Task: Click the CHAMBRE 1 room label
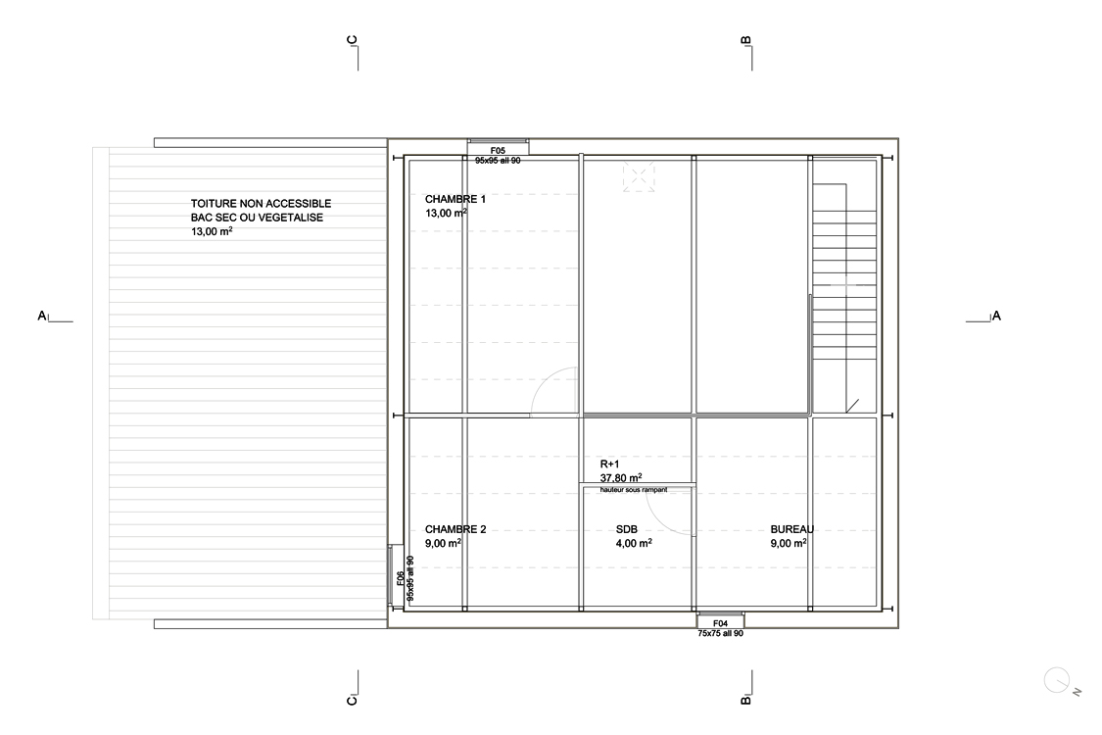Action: click(x=455, y=199)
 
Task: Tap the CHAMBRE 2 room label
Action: click(x=455, y=529)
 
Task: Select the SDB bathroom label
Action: click(x=626, y=529)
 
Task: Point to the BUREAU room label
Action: click(x=792, y=529)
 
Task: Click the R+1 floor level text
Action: click(x=610, y=465)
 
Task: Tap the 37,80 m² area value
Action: click(x=621, y=477)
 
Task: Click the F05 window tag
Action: click(x=498, y=151)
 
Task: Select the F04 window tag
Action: click(x=720, y=623)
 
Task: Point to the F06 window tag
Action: click(x=401, y=578)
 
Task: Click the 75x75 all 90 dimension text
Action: click(x=720, y=633)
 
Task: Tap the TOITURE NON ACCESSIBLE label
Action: click(x=261, y=203)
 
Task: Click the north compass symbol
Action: click(x=1058, y=681)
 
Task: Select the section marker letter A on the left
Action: click(x=41, y=316)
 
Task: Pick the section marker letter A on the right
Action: click(x=996, y=316)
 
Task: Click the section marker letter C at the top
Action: click(x=352, y=40)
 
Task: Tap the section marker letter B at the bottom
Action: click(x=745, y=700)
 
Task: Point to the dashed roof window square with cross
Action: click(x=638, y=175)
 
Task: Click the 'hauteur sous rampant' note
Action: click(x=634, y=490)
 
